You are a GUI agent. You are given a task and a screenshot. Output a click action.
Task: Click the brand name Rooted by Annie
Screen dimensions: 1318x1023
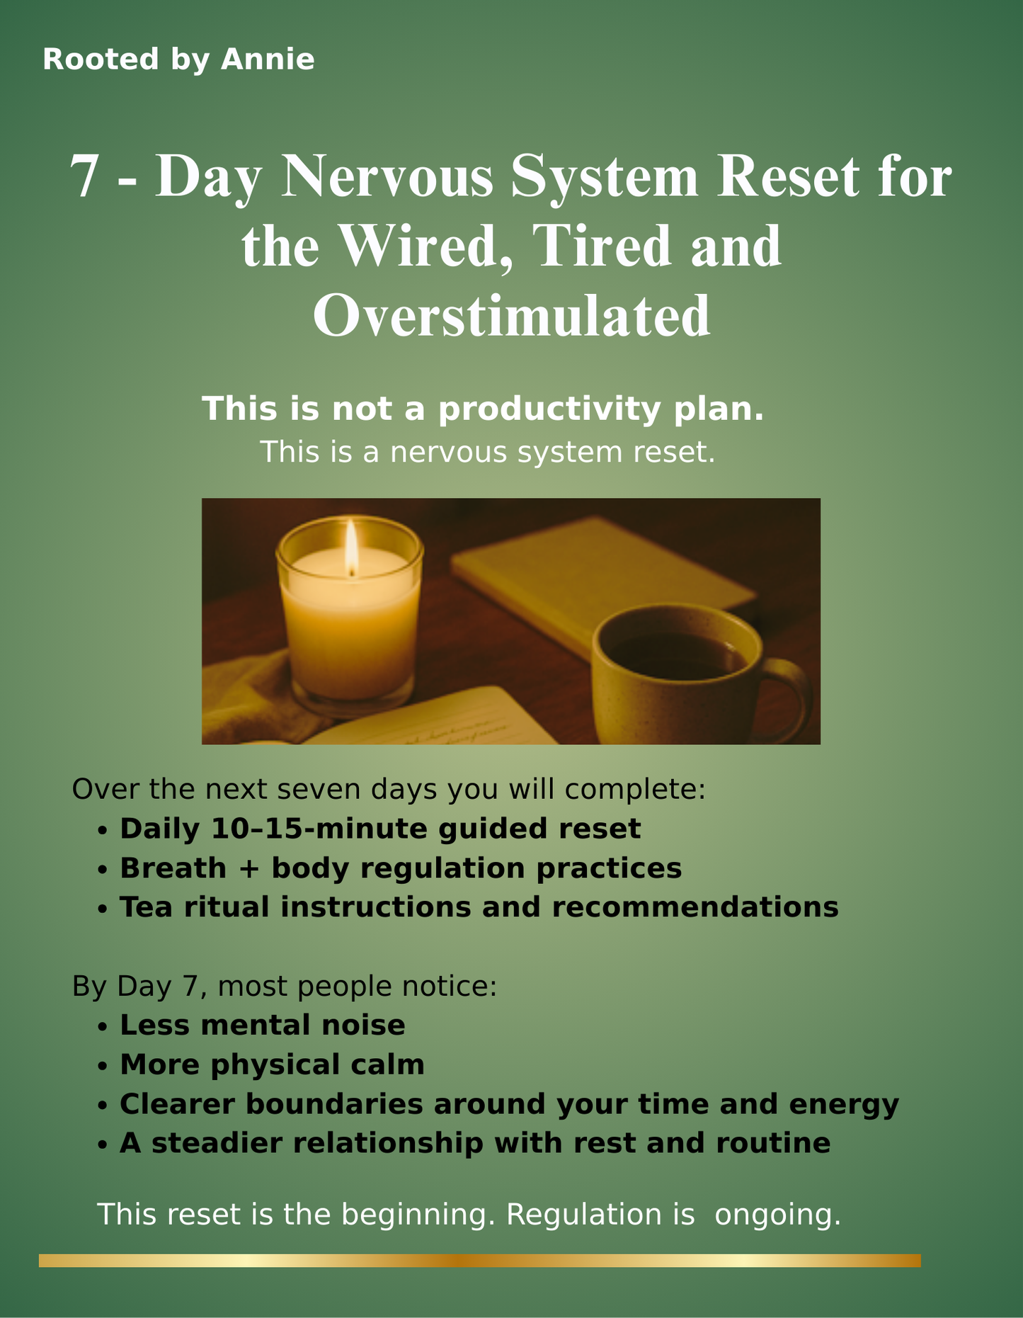pos(178,59)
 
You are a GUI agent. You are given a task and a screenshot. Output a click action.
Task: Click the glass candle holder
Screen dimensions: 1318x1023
pos(350,616)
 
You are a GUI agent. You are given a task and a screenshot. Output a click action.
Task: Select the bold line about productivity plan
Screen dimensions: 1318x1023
pos(483,409)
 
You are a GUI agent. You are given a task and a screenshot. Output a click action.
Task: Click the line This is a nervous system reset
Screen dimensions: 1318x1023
pos(488,452)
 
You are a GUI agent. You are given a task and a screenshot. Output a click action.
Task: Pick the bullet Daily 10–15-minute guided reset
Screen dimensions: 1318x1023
pos(380,829)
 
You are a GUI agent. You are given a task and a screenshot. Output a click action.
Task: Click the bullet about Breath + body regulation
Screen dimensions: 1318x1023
pos(401,868)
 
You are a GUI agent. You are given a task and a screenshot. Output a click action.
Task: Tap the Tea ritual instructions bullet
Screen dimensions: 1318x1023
pos(479,907)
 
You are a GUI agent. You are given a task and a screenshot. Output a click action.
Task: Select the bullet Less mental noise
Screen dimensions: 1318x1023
pos(263,1025)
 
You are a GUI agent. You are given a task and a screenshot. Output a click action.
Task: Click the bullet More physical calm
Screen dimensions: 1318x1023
pos(272,1064)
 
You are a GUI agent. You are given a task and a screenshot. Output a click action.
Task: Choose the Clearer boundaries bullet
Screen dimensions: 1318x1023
pos(509,1103)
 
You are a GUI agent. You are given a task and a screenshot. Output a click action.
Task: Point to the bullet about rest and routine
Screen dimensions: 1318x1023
pos(475,1143)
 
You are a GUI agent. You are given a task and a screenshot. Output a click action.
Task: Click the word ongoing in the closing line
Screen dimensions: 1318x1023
pos(777,1214)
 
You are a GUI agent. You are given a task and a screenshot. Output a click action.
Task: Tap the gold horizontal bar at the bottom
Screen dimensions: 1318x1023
pos(480,1261)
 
